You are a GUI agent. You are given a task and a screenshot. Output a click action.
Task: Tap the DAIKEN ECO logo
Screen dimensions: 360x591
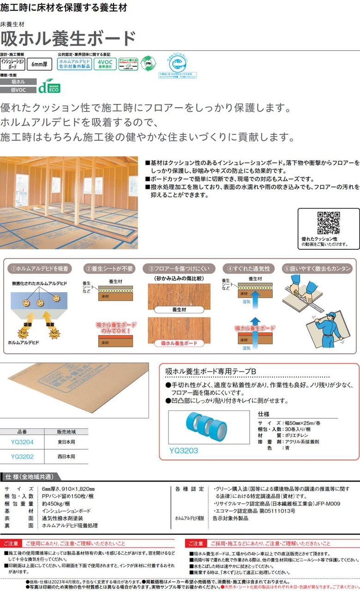tap(49, 86)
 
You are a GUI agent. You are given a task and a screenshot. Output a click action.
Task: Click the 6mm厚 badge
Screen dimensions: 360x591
tap(40, 64)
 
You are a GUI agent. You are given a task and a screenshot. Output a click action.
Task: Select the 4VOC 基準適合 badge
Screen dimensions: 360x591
tap(105, 64)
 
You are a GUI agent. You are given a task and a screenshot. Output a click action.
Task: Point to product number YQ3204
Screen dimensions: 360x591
tap(22, 442)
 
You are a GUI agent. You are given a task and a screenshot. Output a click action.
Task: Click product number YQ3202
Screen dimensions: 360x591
tap(22, 457)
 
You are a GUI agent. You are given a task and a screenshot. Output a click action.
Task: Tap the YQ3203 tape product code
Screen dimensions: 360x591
tap(184, 449)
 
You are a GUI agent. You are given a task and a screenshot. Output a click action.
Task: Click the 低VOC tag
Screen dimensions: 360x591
tap(18, 89)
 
